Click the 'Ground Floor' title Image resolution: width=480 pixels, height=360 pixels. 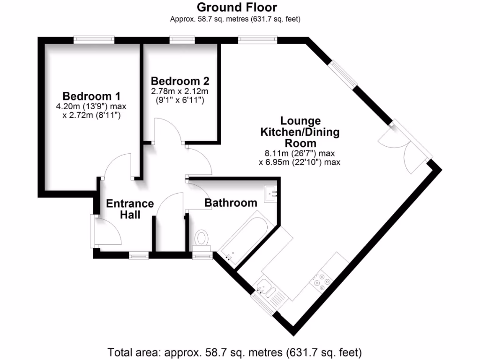coord(236,7)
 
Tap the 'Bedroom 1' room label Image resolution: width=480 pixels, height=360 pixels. coord(92,96)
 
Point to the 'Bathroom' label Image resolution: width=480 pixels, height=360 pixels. coord(231,203)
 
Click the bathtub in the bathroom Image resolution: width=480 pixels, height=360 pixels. coord(244,236)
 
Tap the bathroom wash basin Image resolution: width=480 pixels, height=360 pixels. coord(271,193)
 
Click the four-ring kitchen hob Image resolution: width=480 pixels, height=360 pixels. coord(322,280)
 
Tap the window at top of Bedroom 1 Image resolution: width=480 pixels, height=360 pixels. coord(94,40)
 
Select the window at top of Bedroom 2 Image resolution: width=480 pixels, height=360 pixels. coord(182,40)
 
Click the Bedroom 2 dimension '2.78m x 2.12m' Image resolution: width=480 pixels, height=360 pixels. coord(180,91)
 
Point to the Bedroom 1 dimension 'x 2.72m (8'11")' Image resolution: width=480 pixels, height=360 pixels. coord(92,115)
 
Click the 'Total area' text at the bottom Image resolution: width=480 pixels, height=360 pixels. coord(235,352)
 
